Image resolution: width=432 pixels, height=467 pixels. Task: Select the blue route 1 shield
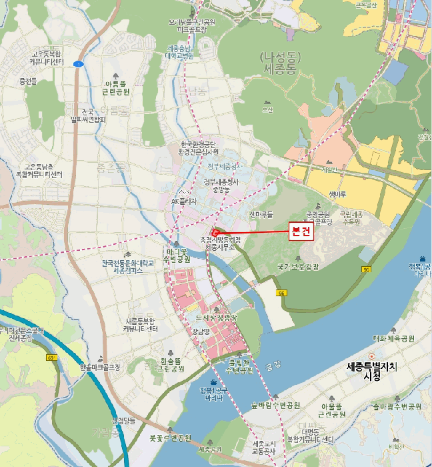coord(78,63)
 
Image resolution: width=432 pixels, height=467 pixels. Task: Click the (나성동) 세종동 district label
coord(283,63)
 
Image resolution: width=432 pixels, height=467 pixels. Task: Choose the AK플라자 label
coord(183,200)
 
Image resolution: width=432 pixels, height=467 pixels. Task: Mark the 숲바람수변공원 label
coord(276,405)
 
